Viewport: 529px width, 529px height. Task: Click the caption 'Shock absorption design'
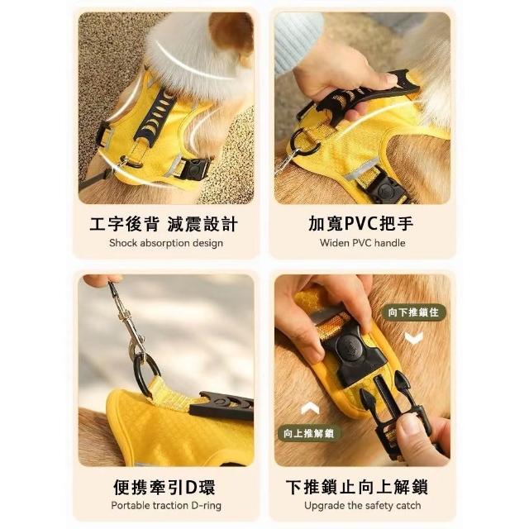(166, 243)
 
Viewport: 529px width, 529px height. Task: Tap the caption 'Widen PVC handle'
(362, 243)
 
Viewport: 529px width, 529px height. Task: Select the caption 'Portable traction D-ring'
(166, 505)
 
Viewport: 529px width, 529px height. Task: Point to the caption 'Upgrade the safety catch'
(362, 505)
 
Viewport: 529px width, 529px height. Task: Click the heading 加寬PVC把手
(361, 224)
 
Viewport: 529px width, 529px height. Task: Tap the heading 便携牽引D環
(164, 487)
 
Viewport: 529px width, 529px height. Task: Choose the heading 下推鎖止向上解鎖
(357, 487)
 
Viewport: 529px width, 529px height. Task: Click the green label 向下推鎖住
(413, 312)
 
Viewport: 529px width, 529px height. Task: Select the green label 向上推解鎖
(309, 433)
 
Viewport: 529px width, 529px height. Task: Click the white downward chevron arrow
(413, 338)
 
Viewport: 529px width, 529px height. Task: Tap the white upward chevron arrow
(310, 408)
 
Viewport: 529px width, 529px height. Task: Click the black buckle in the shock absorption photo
(195, 169)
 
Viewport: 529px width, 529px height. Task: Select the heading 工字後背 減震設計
(164, 224)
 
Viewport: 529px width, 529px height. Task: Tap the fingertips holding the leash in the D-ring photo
(102, 280)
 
